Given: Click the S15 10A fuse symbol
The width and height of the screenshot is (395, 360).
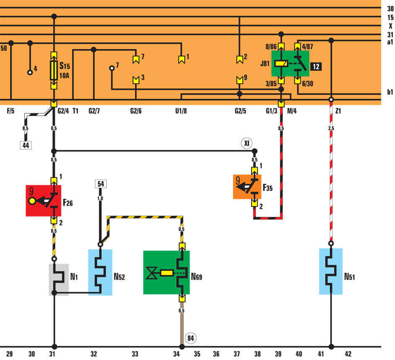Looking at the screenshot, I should coord(54,70).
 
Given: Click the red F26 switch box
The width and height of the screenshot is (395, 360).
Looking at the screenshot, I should coord(43,201).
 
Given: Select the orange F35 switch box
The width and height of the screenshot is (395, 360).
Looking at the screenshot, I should coord(247,186).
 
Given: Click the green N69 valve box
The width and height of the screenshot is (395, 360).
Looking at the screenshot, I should coord(166,273).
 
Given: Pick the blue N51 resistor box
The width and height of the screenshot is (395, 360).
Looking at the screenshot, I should coord(331,271).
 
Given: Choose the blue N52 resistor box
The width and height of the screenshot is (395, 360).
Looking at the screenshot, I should coord(100,272).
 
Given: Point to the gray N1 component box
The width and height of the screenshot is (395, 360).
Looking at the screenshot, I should coord(58,279).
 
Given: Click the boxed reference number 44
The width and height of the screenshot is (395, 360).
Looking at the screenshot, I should coord(26,146).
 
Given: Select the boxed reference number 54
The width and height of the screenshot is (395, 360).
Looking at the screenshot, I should coord(100,184).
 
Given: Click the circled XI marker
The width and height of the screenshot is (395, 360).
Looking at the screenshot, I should coord(247,143).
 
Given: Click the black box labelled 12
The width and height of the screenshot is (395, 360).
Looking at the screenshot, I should coord(316,66).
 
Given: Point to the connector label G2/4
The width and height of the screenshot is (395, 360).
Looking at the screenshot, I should coord(63,111).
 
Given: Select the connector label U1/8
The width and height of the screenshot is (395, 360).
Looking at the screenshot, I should coord(181,111).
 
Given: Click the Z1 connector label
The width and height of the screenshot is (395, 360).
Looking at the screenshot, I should coord(339,111).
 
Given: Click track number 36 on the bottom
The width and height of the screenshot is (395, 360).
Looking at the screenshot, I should coord(216,354).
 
